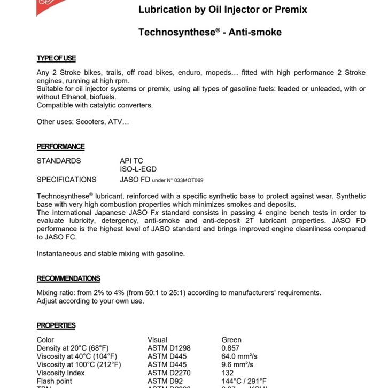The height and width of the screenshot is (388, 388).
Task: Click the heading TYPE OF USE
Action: point(56,58)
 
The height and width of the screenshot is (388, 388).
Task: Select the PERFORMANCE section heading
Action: point(60,146)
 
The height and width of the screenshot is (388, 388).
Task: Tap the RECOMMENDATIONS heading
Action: point(68,278)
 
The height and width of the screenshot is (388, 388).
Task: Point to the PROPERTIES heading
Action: point(56,325)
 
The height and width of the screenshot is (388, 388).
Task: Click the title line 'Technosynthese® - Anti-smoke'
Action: point(209,32)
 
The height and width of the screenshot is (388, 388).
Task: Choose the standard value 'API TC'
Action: point(131,161)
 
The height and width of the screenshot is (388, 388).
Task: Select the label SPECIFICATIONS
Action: point(66,180)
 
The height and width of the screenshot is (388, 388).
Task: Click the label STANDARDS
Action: point(59,161)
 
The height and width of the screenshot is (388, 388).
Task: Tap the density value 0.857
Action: point(231,348)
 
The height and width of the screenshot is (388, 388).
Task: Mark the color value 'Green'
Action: point(231,339)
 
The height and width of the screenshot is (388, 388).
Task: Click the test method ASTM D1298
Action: point(169,348)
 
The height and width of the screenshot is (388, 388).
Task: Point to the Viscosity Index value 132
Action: point(228,373)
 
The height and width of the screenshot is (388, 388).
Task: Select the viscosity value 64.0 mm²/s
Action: point(239,356)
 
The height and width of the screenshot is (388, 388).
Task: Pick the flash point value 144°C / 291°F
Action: point(244,381)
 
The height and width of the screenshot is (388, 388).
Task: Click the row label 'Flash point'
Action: point(54,381)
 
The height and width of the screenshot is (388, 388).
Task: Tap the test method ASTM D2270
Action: point(169,373)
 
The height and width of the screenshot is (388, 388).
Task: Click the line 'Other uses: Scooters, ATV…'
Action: point(82,122)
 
